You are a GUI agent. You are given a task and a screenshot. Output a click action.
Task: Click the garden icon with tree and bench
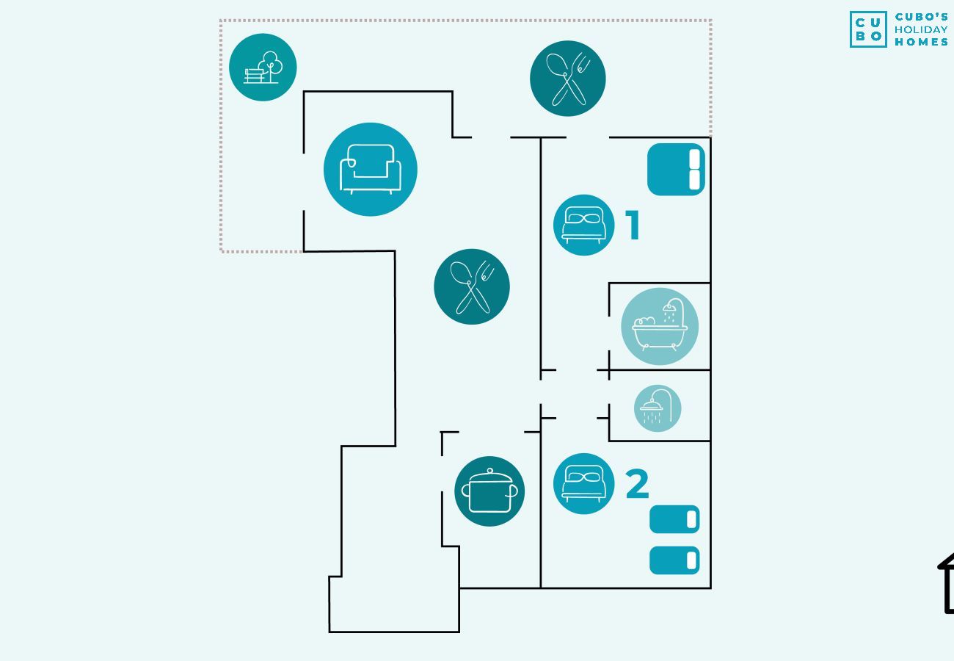[263, 68]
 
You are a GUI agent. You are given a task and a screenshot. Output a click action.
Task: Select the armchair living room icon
[371, 169]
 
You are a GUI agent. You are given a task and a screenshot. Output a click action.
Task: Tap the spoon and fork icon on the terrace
[568, 79]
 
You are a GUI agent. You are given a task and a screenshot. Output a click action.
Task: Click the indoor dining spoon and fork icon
[472, 286]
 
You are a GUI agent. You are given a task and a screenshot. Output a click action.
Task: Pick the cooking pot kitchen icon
[489, 491]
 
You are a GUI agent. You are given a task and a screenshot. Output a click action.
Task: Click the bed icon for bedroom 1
[584, 225]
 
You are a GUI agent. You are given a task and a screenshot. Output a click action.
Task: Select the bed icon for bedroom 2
[584, 483]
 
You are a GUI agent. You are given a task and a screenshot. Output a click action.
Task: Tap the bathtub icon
[660, 326]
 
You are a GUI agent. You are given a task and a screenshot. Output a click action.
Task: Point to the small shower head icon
[658, 408]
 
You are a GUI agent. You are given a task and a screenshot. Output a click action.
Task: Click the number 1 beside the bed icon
[633, 225]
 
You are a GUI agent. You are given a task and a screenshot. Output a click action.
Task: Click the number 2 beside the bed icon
[638, 484]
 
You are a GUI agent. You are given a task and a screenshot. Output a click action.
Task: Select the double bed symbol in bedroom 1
[676, 169]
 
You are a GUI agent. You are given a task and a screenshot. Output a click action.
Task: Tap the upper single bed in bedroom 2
[674, 519]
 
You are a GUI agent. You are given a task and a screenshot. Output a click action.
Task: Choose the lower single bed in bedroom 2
[674, 560]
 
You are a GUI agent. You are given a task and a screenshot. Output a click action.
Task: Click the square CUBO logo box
[868, 29]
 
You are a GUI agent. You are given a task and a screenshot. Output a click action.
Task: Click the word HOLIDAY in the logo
[921, 30]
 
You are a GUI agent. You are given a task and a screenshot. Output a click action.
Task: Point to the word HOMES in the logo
[921, 42]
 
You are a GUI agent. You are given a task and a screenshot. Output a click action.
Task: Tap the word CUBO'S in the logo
[921, 17]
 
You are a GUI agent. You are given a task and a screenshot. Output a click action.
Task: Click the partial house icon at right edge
[947, 583]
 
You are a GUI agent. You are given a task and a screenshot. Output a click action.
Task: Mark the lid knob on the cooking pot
[489, 471]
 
